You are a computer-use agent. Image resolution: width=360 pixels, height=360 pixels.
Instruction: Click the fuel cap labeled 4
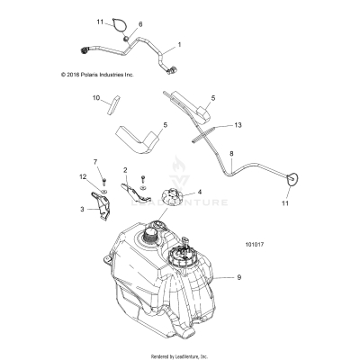[x=167, y=197]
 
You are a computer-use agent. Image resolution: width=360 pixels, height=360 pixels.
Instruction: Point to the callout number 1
[x=179, y=44]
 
